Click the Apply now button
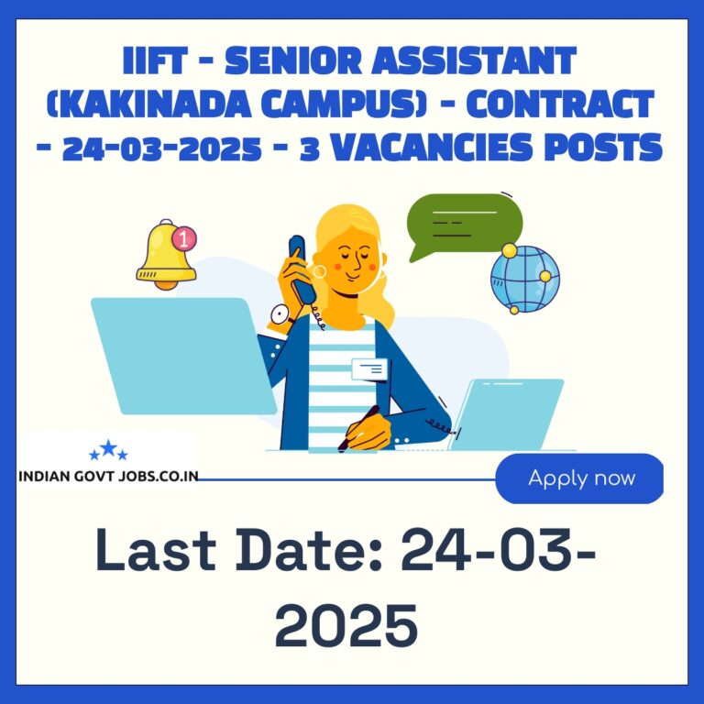coord(579,478)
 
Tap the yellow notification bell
coord(166,256)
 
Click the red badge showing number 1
coord(184,238)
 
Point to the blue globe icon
coord(525,279)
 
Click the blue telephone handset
coord(302,269)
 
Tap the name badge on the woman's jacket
coord(369,369)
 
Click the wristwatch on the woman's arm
coord(281,315)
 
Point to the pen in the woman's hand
coord(358,428)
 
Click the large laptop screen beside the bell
coord(183,356)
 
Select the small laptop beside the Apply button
coord(506,414)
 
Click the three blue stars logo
coord(109,450)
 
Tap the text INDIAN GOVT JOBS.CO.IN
coord(108,477)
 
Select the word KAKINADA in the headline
coord(148,104)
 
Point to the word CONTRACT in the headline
coord(559,104)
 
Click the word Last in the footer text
coord(156,549)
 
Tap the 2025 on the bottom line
coord(346,625)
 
